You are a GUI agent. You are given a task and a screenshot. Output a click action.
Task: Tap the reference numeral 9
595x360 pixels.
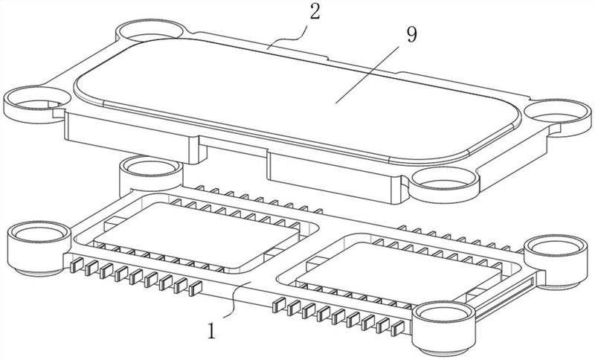click(412, 34)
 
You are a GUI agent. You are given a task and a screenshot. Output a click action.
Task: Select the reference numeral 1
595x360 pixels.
click(211, 330)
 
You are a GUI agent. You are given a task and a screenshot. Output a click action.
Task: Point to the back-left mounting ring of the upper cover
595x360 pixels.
click(151, 31)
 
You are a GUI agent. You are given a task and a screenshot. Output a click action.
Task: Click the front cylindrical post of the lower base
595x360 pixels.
click(443, 328)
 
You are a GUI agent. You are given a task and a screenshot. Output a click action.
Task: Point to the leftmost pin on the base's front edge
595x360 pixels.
click(77, 265)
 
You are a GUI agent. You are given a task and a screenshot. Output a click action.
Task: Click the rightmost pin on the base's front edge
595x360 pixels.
click(398, 328)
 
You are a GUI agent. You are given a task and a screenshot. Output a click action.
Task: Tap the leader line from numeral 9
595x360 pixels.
click(367, 74)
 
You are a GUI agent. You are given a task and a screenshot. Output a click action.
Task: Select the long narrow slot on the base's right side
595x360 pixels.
click(505, 298)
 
